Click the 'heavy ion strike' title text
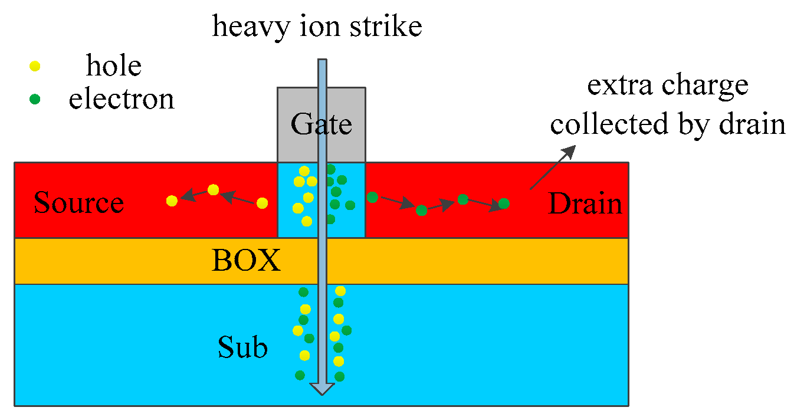(x=317, y=27)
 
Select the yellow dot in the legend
(x=35, y=66)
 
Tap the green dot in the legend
(x=35, y=99)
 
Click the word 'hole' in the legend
(x=114, y=66)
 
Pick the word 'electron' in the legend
(x=122, y=99)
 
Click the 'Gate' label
(x=321, y=124)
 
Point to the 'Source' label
(x=78, y=203)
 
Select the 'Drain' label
(x=585, y=204)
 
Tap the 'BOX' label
(x=246, y=260)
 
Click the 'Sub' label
(x=242, y=347)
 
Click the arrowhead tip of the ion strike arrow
(x=321, y=393)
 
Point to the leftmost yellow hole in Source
(x=172, y=201)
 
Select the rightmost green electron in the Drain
(x=503, y=203)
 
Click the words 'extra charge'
(x=668, y=86)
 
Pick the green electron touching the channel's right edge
(x=372, y=197)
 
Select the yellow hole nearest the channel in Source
(x=263, y=203)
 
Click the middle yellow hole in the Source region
(x=214, y=190)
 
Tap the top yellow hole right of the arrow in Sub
(x=340, y=291)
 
